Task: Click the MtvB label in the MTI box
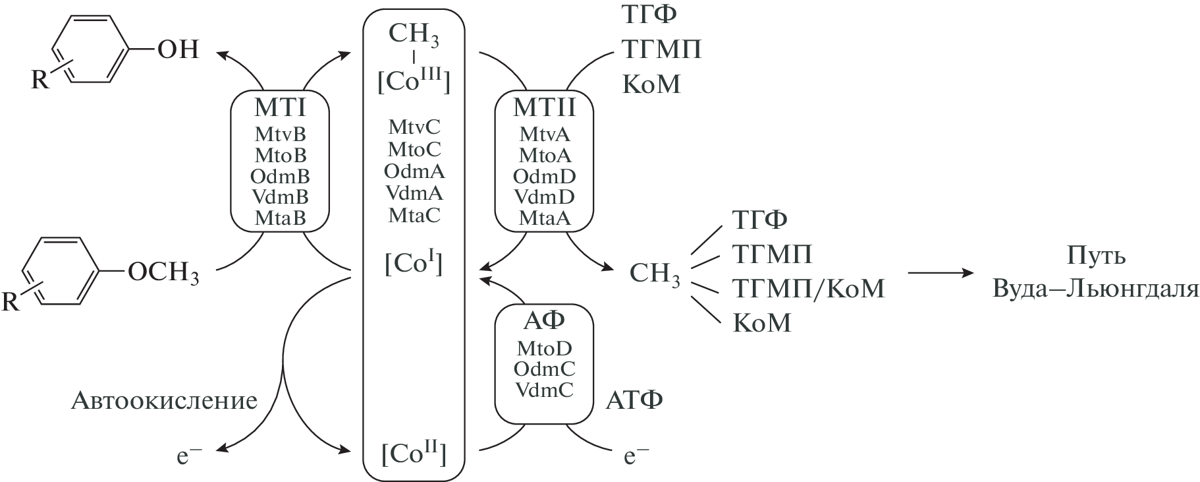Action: (x=280, y=135)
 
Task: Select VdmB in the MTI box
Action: (x=280, y=196)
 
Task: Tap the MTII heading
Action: (x=544, y=107)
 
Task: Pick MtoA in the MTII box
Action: (x=545, y=156)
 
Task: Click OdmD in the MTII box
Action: (x=544, y=176)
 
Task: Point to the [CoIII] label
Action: (x=414, y=80)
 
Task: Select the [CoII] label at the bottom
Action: (x=414, y=454)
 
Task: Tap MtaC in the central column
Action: (x=414, y=216)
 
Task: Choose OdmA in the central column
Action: (x=414, y=171)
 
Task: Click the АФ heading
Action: (x=543, y=321)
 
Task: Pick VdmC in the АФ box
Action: (x=544, y=390)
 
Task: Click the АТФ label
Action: (x=634, y=400)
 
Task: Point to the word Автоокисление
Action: (x=164, y=400)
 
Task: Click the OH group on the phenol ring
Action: (x=178, y=49)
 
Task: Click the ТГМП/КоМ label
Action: (x=807, y=289)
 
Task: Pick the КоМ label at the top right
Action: (x=651, y=84)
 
